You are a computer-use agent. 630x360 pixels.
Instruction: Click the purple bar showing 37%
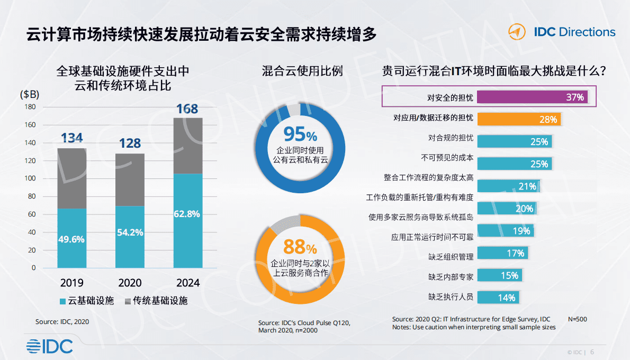coord(532,97)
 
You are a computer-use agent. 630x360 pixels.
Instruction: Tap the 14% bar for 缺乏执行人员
coord(498,297)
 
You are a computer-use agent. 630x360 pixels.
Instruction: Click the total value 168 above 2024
coord(187,109)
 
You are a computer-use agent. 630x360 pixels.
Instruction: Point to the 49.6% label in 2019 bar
coord(71,239)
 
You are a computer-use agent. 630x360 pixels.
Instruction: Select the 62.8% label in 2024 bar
coord(187,214)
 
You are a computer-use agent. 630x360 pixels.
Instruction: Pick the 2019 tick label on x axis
coord(71,283)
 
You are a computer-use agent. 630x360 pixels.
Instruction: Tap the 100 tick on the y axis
coord(30,178)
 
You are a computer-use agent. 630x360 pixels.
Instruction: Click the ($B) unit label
coord(29,95)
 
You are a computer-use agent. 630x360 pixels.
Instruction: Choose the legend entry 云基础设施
coord(87,301)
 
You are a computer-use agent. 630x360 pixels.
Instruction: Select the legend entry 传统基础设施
coord(156,301)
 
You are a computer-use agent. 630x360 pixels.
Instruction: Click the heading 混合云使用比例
coord(302,71)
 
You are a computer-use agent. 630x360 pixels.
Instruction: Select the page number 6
coord(592,352)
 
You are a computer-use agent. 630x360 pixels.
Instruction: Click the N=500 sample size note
coord(577,319)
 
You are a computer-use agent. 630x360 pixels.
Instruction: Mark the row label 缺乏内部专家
coord(451,276)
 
